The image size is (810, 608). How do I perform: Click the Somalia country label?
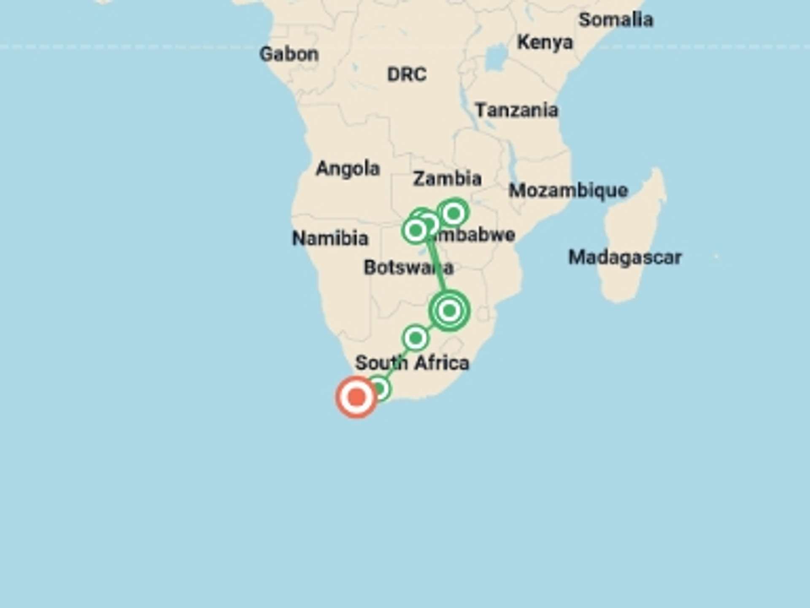[x=616, y=20]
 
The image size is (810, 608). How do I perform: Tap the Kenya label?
[x=545, y=42]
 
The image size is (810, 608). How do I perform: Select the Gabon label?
[x=289, y=54]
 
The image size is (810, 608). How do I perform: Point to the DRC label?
[x=407, y=75]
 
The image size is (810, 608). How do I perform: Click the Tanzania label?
[x=516, y=110]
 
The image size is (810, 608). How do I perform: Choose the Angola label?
[x=348, y=168]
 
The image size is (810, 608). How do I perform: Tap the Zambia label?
[x=447, y=179]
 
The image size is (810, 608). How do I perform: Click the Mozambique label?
[x=568, y=190]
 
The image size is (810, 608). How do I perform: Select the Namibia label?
[x=330, y=239]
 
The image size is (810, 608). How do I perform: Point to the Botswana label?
[x=408, y=268]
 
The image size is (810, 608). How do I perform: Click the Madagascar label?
[x=625, y=258]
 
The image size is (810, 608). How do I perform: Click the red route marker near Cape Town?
[x=356, y=397]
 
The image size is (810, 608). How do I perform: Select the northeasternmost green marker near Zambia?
[x=454, y=213]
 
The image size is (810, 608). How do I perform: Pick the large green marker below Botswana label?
[x=449, y=311]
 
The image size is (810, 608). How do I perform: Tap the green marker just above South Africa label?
[x=416, y=338]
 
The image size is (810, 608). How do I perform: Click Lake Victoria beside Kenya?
[x=495, y=58]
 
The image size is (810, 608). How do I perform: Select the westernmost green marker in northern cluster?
[x=416, y=231]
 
